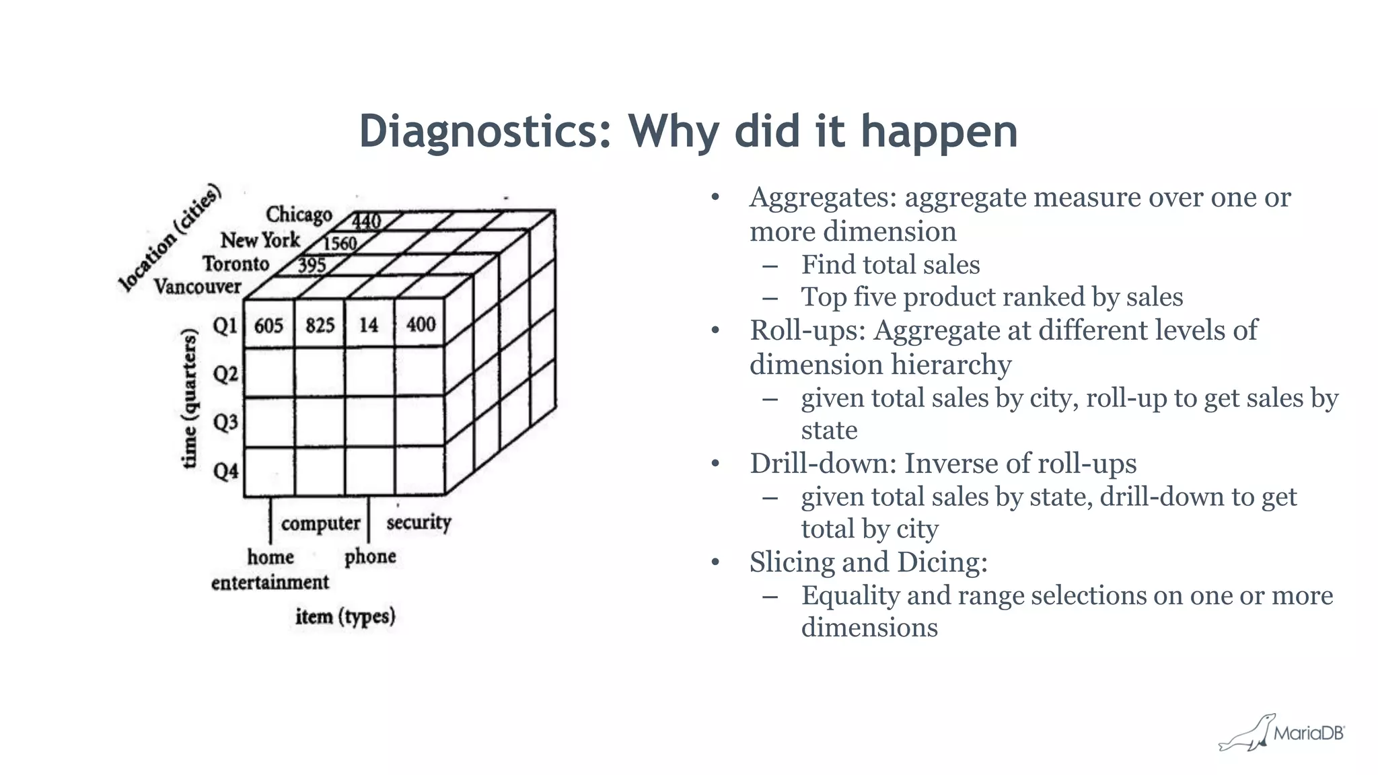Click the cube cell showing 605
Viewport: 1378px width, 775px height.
(268, 326)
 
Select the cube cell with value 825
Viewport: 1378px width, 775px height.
(320, 326)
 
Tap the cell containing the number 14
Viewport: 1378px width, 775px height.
(369, 326)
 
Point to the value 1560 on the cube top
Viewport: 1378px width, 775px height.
(339, 243)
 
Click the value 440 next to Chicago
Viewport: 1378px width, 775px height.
(367, 221)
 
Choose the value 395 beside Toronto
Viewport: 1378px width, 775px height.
(312, 265)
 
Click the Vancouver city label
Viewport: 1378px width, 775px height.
(197, 287)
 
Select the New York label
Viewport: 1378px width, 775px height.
(260, 240)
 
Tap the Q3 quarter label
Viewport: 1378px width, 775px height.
(226, 422)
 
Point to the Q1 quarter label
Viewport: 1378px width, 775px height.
(225, 326)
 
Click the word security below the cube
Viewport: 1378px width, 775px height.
(419, 522)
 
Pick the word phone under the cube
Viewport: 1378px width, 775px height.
(370, 556)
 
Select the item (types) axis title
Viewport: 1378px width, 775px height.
(345, 616)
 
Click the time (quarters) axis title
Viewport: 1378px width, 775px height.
(190, 398)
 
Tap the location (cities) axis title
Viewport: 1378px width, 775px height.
(169, 237)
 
